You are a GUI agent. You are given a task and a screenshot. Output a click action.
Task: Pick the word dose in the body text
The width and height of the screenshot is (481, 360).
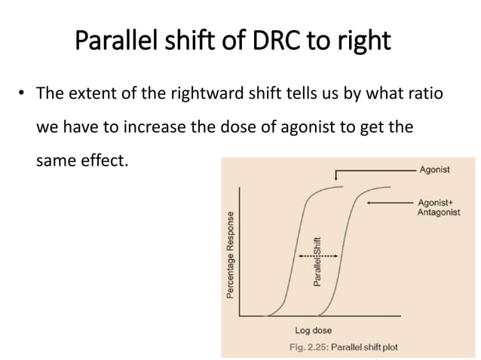tap(240, 127)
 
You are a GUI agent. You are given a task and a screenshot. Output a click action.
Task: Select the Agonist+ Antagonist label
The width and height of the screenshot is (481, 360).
tap(438, 208)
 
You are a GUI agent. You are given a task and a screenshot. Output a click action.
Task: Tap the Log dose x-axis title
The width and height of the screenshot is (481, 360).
tap(312, 331)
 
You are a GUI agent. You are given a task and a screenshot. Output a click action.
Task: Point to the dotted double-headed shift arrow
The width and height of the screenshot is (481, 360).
tap(318, 256)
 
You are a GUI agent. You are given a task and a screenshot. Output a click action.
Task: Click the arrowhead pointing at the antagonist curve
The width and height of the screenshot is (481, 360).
tap(368, 203)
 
